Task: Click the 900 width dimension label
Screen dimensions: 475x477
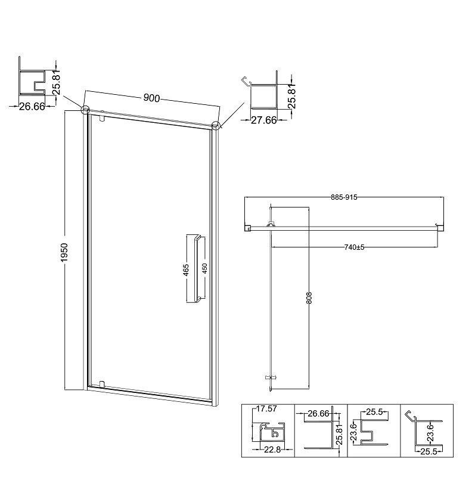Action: pos(151,98)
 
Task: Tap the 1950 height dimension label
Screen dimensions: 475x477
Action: pos(64,252)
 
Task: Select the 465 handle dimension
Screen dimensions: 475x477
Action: pos(186,270)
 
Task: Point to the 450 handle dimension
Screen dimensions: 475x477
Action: pos(204,268)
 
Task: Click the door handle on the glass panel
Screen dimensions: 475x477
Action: pos(195,269)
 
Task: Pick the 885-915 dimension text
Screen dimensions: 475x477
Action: pos(344,197)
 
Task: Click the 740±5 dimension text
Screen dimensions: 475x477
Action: pos(354,247)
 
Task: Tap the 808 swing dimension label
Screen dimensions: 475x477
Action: pos(309,298)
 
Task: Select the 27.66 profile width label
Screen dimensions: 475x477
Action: pos(263,120)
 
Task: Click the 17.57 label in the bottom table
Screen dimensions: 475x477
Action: pos(266,408)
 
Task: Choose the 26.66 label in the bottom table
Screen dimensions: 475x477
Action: pos(318,413)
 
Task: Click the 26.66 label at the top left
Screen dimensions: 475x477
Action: pos(32,106)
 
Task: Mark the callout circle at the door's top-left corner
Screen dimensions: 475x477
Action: pos(85,109)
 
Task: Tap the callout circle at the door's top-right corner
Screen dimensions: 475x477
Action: pos(216,125)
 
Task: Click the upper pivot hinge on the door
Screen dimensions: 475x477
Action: pos(102,117)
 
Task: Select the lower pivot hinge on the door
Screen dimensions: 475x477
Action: pos(102,384)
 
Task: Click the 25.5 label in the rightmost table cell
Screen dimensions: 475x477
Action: pos(429,452)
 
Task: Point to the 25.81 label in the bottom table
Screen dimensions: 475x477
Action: pos(340,434)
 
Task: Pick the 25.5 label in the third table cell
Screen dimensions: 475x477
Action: pos(374,412)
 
